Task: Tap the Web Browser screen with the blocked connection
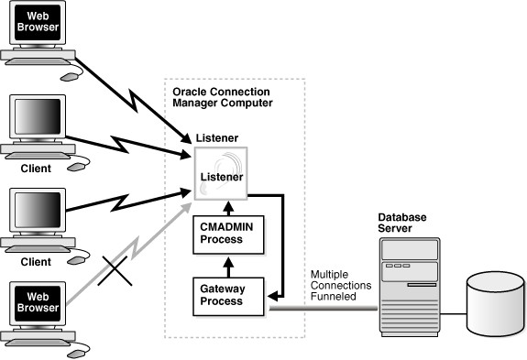(x=39, y=301)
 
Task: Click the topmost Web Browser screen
(x=39, y=23)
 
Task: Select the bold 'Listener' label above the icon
(x=218, y=137)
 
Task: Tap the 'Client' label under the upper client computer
(x=35, y=169)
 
